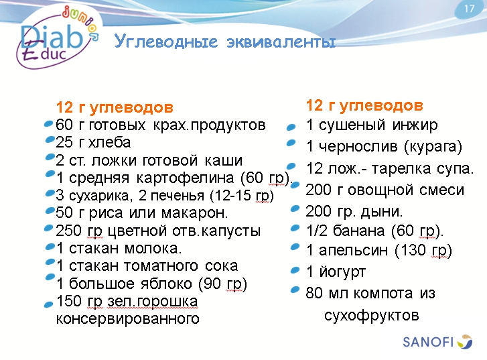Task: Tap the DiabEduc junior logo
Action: click(x=57, y=38)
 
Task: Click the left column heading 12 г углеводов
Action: click(x=115, y=108)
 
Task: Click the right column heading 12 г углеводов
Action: click(x=364, y=106)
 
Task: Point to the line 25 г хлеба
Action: click(x=94, y=143)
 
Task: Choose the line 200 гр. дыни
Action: click(x=354, y=212)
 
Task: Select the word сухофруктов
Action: click(x=371, y=314)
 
